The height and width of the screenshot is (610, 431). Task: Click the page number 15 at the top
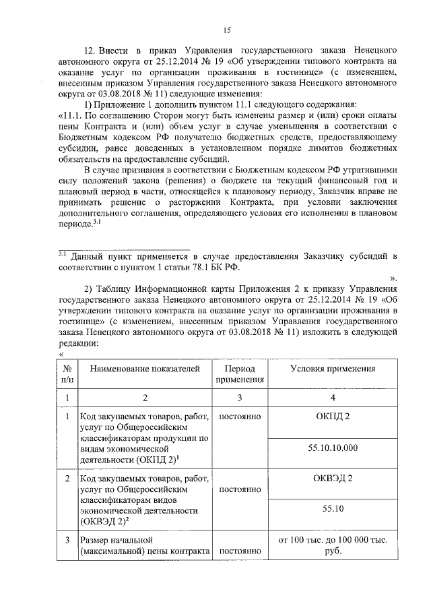pyautogui.click(x=227, y=29)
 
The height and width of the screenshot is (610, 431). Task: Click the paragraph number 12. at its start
pyautogui.click(x=89, y=51)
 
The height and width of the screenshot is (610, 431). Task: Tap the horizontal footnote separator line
pyautogui.click(x=128, y=250)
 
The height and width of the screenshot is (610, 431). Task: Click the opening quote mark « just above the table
pyautogui.click(x=61, y=354)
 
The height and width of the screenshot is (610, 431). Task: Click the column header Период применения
pyautogui.click(x=239, y=375)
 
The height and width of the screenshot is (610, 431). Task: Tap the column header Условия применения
pyautogui.click(x=333, y=369)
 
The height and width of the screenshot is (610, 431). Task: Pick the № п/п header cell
pyautogui.click(x=67, y=375)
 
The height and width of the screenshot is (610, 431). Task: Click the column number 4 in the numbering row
pyautogui.click(x=333, y=398)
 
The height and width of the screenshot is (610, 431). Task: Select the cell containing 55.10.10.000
pyautogui.click(x=333, y=448)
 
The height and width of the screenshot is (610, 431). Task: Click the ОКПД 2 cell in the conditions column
pyautogui.click(x=333, y=417)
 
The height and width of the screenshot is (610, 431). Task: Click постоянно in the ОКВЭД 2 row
pyautogui.click(x=239, y=490)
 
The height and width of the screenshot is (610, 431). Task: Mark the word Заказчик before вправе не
pyautogui.click(x=327, y=191)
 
